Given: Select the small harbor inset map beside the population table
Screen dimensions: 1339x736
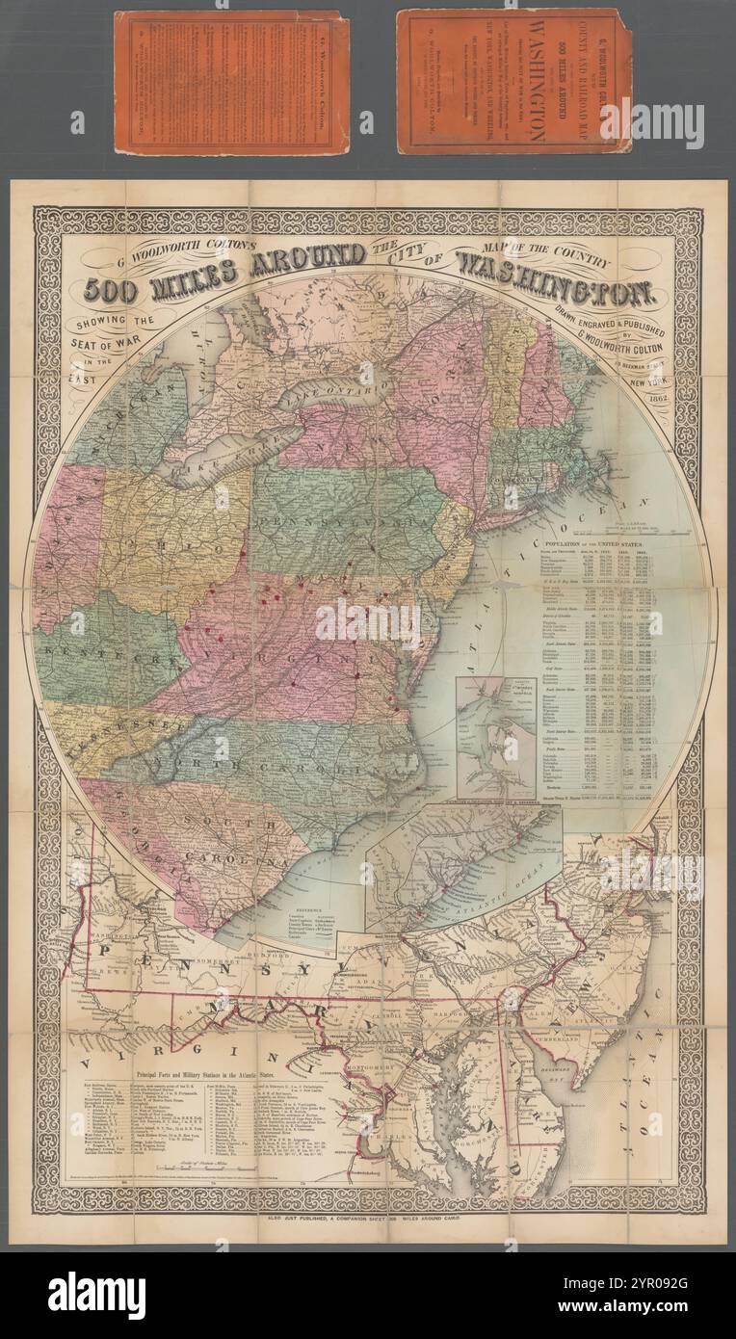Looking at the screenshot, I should pos(495,738).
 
